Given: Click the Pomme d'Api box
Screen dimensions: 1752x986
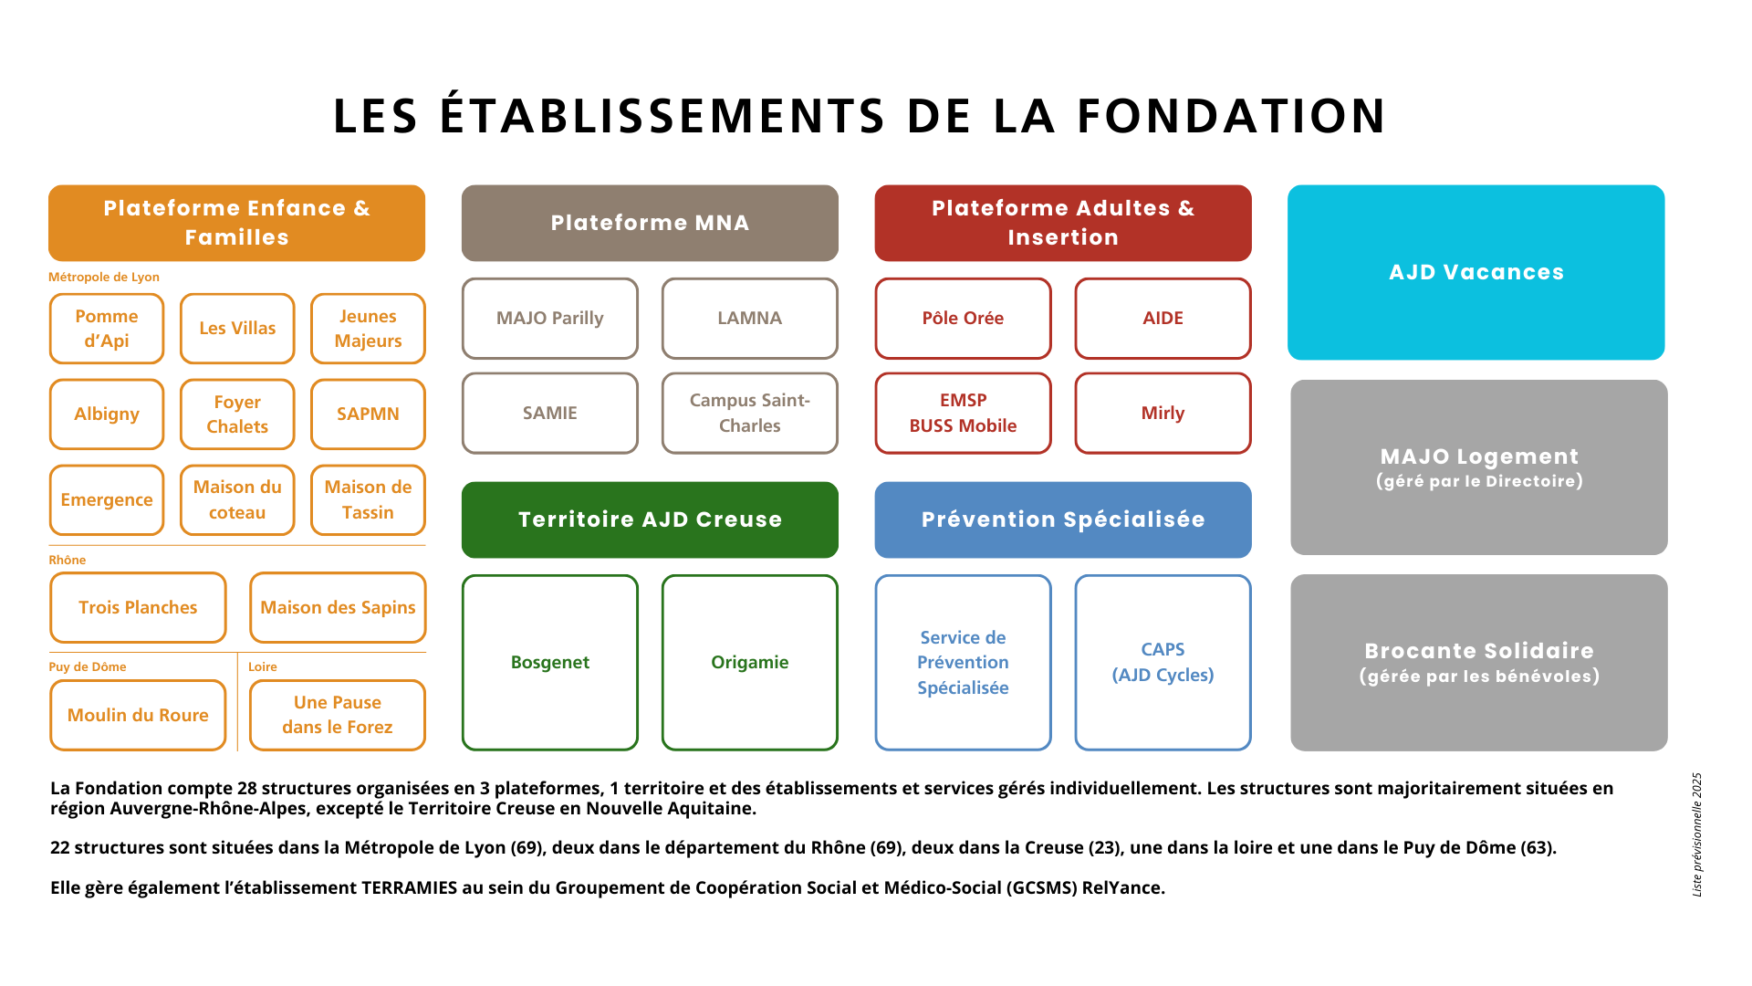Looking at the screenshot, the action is coord(107,329).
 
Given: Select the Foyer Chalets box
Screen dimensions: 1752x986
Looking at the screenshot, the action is coord(237,414).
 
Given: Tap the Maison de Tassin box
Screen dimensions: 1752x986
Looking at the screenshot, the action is coord(368,500).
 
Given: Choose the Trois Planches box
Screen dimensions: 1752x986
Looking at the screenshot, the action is coord(138,608).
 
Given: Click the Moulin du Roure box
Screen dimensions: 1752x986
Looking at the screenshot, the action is coord(138,716).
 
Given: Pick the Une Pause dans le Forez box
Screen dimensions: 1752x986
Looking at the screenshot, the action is coord(338,716).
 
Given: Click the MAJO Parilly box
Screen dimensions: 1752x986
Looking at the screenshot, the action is coord(550,319).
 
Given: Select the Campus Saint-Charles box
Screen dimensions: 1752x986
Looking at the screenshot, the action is coord(750,414).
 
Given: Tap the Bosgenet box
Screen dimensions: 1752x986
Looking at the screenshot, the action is coord(550,663).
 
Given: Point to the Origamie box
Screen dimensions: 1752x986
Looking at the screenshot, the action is coord(750,663).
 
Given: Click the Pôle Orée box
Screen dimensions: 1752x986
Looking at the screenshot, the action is coord(963,319).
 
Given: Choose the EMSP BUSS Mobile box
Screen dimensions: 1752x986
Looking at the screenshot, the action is coord(963,414).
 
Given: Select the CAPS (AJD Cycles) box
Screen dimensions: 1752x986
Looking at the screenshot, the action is coord(1163,663).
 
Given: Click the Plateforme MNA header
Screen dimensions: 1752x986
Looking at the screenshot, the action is coord(650,224).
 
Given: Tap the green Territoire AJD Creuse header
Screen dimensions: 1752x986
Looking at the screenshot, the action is coord(650,520).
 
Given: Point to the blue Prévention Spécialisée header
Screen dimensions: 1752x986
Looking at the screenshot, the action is coord(1063,520).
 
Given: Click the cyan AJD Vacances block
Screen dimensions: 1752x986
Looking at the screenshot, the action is coord(1476,273).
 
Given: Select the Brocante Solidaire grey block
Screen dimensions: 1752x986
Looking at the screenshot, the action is coord(1479,663).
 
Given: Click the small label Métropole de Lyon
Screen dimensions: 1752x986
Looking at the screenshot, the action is coord(104,278).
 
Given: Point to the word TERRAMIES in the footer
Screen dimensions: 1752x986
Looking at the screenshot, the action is coord(409,888).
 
